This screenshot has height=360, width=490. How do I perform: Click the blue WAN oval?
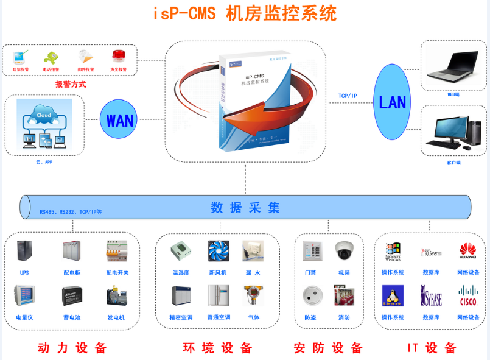coord(119,120)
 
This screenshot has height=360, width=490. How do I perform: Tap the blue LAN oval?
coord(392,101)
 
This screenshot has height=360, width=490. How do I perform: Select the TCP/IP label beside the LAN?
coord(348,96)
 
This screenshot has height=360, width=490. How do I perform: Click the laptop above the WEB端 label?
coord(453,65)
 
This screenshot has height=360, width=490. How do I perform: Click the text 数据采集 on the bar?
coord(245,207)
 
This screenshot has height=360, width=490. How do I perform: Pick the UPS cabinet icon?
coord(24,252)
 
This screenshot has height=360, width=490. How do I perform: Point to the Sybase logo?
coord(431,295)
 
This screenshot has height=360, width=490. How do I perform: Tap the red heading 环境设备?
coord(217,348)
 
